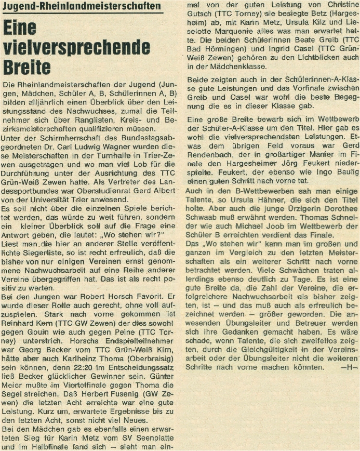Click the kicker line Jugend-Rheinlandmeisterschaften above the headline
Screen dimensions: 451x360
click(x=81, y=7)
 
